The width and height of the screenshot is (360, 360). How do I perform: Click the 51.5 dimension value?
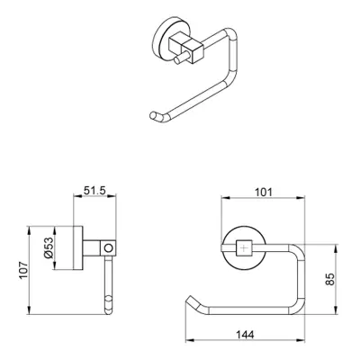point(94,191)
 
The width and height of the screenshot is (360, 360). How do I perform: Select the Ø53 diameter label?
point(49,247)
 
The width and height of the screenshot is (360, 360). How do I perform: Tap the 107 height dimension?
point(23,270)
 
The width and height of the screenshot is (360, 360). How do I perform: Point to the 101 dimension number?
point(264,192)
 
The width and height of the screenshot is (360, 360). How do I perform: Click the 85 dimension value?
point(329,279)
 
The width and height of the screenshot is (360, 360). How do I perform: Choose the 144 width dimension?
point(245,335)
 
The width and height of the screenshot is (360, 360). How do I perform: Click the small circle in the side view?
point(109,248)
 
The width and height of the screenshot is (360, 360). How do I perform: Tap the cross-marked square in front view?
point(245,248)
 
